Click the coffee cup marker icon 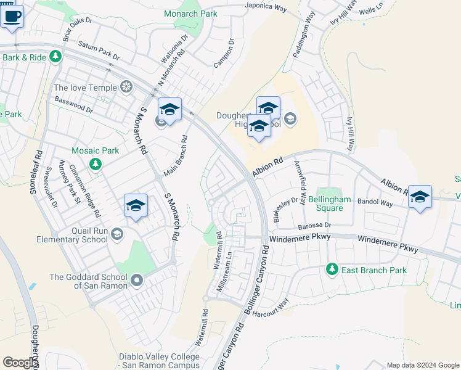(x=12, y=15)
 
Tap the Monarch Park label (x=191, y=13)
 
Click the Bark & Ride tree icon (x=56, y=57)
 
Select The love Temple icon (x=126, y=88)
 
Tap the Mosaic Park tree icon (x=95, y=163)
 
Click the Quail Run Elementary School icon (x=117, y=234)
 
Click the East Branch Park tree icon (x=332, y=269)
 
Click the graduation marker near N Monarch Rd (x=169, y=110)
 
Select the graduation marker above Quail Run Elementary (x=136, y=205)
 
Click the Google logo (x=19, y=363)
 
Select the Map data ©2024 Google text (x=423, y=365)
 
